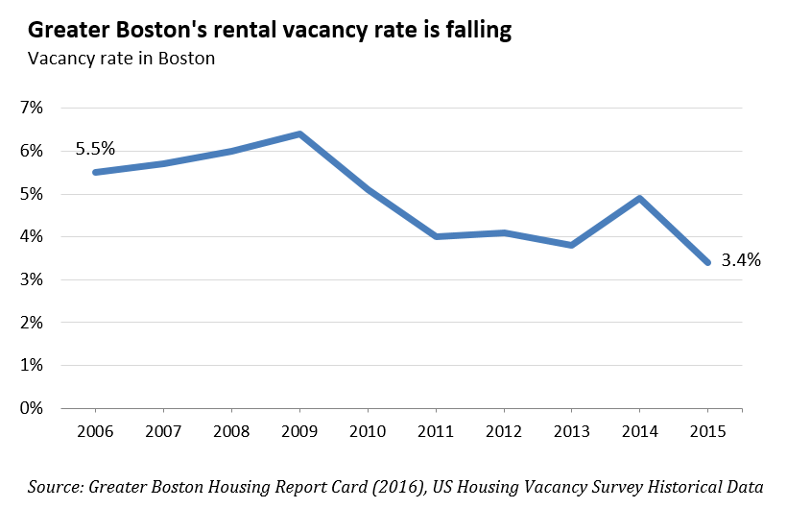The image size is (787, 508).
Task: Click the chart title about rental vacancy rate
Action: pyautogui.click(x=270, y=31)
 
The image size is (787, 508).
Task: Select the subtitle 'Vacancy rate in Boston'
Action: pyautogui.click(x=121, y=59)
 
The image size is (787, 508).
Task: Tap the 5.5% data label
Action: pyautogui.click(x=95, y=149)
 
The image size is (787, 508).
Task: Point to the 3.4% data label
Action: pyautogui.click(x=742, y=259)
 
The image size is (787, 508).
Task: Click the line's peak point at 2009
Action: pyautogui.click(x=299, y=133)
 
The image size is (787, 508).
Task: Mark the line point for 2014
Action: pyautogui.click(x=639, y=198)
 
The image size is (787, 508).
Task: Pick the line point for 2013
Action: pyautogui.click(x=571, y=245)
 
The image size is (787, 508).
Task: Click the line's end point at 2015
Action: pyautogui.click(x=707, y=262)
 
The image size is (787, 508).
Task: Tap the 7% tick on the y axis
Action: pyautogui.click(x=32, y=108)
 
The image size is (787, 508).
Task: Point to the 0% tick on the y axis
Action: pyautogui.click(x=32, y=408)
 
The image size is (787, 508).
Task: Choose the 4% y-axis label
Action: pyautogui.click(x=32, y=236)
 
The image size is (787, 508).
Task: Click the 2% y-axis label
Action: pyautogui.click(x=32, y=323)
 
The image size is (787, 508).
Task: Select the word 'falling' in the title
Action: pyautogui.click(x=473, y=31)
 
